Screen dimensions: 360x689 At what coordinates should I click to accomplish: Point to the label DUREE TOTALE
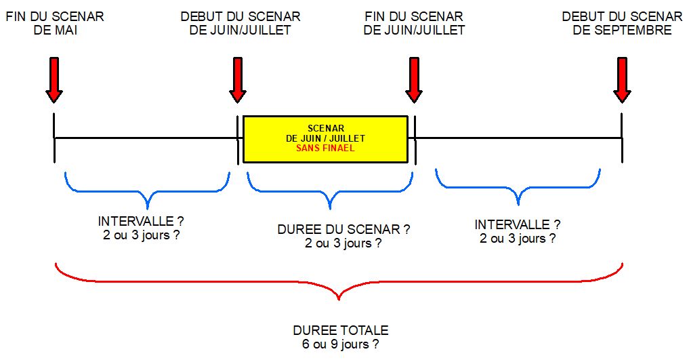pos(341,331)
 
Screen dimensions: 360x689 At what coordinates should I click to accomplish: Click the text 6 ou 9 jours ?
pos(341,344)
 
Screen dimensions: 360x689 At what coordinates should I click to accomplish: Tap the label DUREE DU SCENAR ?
pos(343,230)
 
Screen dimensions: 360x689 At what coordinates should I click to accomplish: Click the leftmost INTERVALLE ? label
pos(142,222)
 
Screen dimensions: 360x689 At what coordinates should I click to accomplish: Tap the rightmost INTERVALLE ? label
pos(518,225)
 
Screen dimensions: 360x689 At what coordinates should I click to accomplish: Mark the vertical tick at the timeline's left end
pos(54,138)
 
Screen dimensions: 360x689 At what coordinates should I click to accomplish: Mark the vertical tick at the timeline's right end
pos(622,138)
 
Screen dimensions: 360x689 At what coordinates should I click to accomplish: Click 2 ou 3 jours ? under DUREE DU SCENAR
pos(343,243)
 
